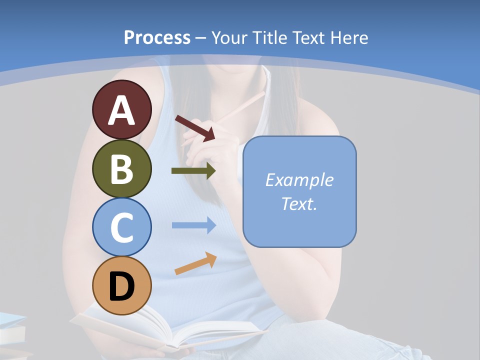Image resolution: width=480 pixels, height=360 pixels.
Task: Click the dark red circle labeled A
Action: point(121,109)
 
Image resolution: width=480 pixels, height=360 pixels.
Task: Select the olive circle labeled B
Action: point(121,168)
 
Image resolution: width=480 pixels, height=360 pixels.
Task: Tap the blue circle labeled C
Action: point(121,227)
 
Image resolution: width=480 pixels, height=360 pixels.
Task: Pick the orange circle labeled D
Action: point(121,285)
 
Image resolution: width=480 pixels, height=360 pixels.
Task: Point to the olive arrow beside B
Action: point(193,171)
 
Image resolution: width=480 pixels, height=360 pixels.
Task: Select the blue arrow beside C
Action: point(193,225)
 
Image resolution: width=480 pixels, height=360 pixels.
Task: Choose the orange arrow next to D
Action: point(195,264)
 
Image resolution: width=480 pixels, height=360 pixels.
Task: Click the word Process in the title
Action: point(157,37)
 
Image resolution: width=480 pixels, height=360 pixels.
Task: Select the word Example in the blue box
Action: point(299,180)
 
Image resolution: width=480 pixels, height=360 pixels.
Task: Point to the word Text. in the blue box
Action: point(299,203)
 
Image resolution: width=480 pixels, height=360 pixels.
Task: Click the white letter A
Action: point(121,110)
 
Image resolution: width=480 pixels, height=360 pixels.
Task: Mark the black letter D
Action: point(121,287)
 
